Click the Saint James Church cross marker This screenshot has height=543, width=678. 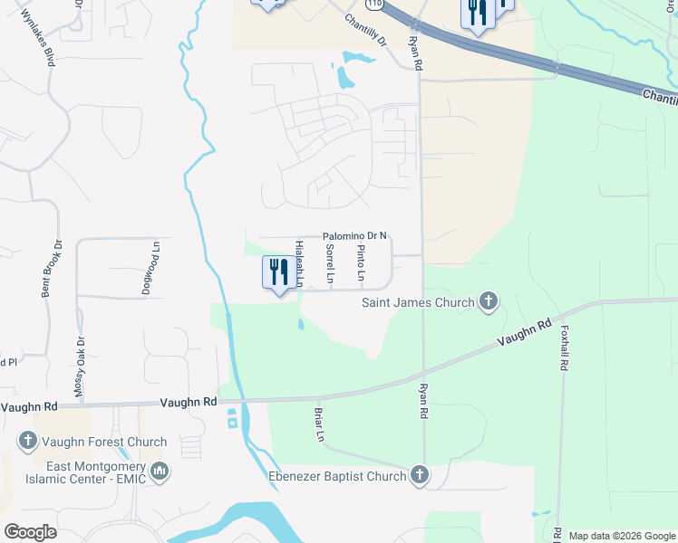click(489, 301)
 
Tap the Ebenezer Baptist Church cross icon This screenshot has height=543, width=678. click(419, 474)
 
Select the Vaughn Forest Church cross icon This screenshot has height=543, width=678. click(27, 442)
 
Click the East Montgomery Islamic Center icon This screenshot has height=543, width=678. click(160, 471)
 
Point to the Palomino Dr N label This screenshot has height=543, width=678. click(356, 235)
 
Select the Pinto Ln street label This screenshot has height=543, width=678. click(361, 262)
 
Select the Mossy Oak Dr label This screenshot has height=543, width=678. click(80, 367)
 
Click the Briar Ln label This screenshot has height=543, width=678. click(319, 423)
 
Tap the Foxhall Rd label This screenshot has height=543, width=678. click(564, 348)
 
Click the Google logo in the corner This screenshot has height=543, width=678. click(30, 531)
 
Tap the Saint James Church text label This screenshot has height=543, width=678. click(418, 302)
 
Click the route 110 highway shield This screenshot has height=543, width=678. click(374, 5)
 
